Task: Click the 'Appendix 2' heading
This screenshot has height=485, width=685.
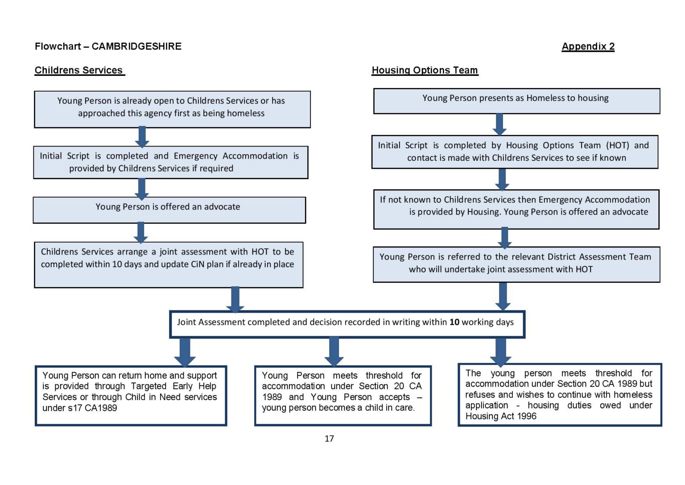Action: pyautogui.click(x=588, y=46)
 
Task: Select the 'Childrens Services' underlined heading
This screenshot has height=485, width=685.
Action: pyautogui.click(x=79, y=71)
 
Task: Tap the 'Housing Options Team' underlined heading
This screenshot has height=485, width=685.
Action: pyautogui.click(x=425, y=71)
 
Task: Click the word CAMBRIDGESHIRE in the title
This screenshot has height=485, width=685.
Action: pyautogui.click(x=136, y=46)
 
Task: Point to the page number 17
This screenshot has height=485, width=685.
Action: pyautogui.click(x=329, y=439)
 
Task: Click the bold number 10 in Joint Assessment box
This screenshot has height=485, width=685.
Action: pyautogui.click(x=454, y=322)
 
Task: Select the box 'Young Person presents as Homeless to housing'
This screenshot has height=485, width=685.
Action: pyautogui.click(x=516, y=101)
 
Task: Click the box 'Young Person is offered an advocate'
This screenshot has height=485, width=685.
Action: pyautogui.click(x=169, y=210)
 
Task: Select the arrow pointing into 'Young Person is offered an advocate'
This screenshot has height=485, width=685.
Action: pyautogui.click(x=142, y=189)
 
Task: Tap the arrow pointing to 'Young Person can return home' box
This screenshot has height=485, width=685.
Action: pyautogui.click(x=185, y=352)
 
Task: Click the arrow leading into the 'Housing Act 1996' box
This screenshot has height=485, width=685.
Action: pyautogui.click(x=500, y=352)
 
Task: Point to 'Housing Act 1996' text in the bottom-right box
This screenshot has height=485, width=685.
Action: pyautogui.click(x=501, y=416)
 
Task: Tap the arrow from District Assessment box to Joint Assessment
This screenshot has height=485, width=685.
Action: pyautogui.click(x=503, y=297)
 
